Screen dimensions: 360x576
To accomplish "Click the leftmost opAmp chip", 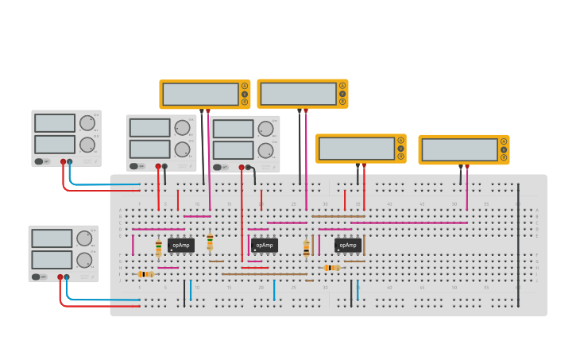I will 180,246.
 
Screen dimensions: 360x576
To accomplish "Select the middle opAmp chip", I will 265,246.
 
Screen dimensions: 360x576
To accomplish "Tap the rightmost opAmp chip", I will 347,246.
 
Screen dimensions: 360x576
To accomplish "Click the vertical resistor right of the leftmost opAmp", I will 210,242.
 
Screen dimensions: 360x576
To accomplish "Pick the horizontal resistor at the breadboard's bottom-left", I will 145,274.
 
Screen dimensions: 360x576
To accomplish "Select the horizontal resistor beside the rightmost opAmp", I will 331,268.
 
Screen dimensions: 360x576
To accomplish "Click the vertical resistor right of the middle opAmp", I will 306,249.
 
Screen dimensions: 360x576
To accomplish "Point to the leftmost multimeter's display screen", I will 200,94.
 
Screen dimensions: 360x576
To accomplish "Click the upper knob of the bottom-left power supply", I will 84,238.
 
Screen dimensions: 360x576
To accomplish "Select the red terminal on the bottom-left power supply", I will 60,277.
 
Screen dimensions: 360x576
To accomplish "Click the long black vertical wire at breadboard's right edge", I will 519,245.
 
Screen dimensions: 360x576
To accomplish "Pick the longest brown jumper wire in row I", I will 264,274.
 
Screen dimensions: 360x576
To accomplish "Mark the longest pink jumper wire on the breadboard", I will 408,223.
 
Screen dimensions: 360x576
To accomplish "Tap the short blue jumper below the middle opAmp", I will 274,290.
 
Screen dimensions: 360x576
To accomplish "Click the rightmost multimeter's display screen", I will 460,149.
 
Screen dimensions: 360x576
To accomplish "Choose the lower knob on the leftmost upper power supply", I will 87,145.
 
